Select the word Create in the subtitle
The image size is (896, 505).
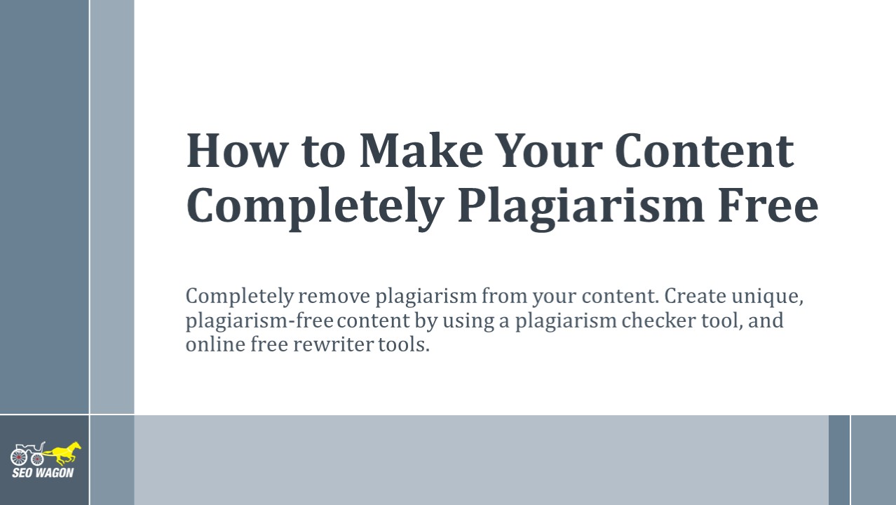click(x=692, y=296)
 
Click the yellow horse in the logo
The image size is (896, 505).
click(x=64, y=453)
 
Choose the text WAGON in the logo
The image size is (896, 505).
click(x=55, y=473)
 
